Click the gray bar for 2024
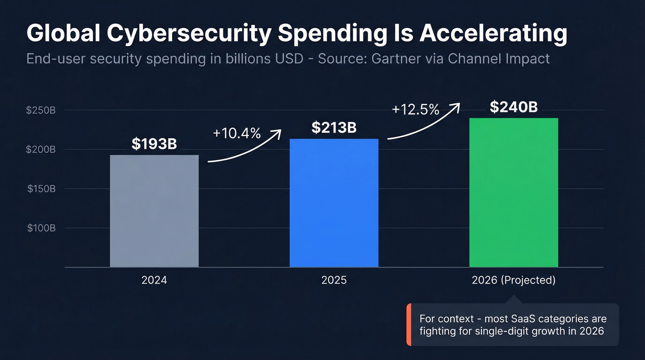[x=154, y=211]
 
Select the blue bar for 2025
[x=334, y=203]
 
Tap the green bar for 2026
[x=514, y=193]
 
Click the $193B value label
[x=154, y=144]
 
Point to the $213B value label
[x=334, y=128]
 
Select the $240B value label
[x=514, y=107]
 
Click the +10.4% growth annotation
[x=237, y=134]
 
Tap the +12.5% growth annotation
[x=416, y=110]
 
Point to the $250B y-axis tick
[x=41, y=111]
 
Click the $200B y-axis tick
[x=41, y=150]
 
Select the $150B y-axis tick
[x=41, y=189]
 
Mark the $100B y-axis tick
[x=41, y=228]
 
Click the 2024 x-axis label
[x=154, y=280]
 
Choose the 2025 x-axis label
[x=334, y=280]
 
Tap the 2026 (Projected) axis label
[x=514, y=280]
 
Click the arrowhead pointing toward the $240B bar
[x=456, y=106]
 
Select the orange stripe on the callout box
[x=409, y=325]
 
